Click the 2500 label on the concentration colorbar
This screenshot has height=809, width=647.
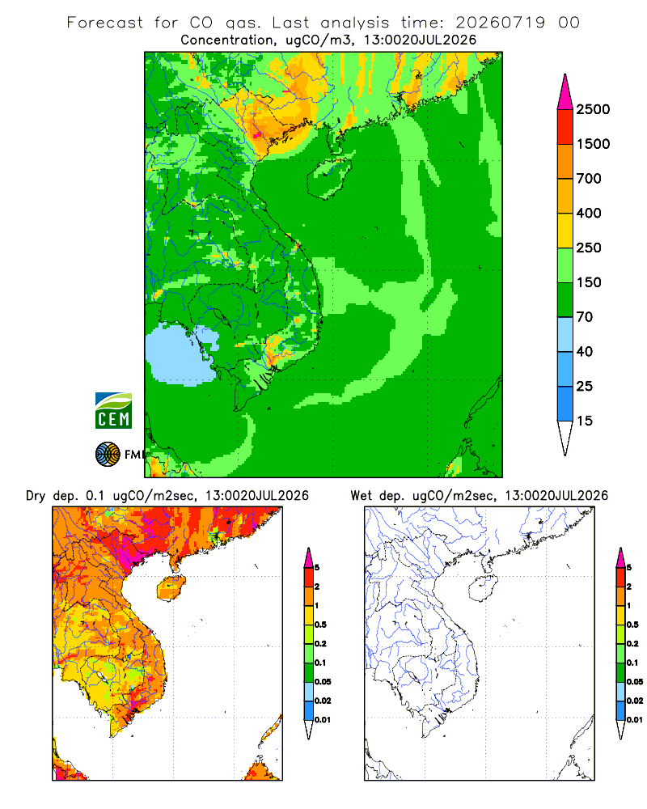(593, 109)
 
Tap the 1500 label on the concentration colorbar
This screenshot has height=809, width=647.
(593, 144)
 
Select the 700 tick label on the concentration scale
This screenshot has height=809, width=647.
(589, 179)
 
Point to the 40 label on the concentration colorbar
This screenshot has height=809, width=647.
(584, 351)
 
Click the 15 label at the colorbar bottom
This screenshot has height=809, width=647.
(584, 421)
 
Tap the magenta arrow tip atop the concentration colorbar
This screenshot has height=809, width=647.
(565, 91)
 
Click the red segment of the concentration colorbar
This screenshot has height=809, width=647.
(565, 127)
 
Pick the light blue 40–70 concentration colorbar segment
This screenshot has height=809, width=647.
(565, 334)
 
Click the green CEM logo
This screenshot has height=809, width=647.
(113, 411)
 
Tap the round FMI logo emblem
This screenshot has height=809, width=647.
(108, 455)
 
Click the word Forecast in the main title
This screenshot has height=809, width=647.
(105, 23)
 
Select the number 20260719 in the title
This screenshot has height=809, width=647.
(500, 23)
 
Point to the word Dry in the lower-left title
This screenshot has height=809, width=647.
(36, 496)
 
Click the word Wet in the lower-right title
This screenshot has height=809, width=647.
(362, 496)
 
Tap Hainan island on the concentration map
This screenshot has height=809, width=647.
(328, 179)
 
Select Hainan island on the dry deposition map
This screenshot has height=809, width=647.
(171, 588)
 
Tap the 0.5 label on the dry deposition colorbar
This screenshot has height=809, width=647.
(320, 625)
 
